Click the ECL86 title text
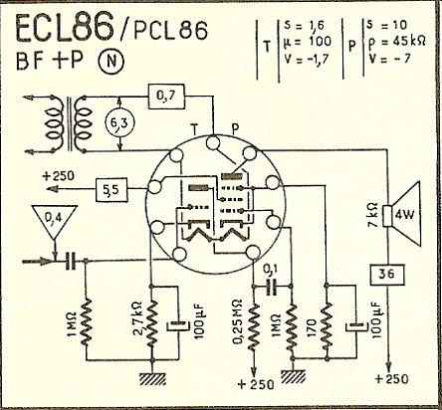65,29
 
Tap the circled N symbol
110,62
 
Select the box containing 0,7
166,97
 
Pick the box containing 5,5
111,190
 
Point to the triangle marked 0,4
55,221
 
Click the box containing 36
387,275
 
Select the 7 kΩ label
373,214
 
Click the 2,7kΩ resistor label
138,316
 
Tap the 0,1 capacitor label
271,271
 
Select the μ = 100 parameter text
308,42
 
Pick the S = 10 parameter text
387,25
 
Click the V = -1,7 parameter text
307,59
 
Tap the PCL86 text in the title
171,31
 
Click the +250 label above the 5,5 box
59,176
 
